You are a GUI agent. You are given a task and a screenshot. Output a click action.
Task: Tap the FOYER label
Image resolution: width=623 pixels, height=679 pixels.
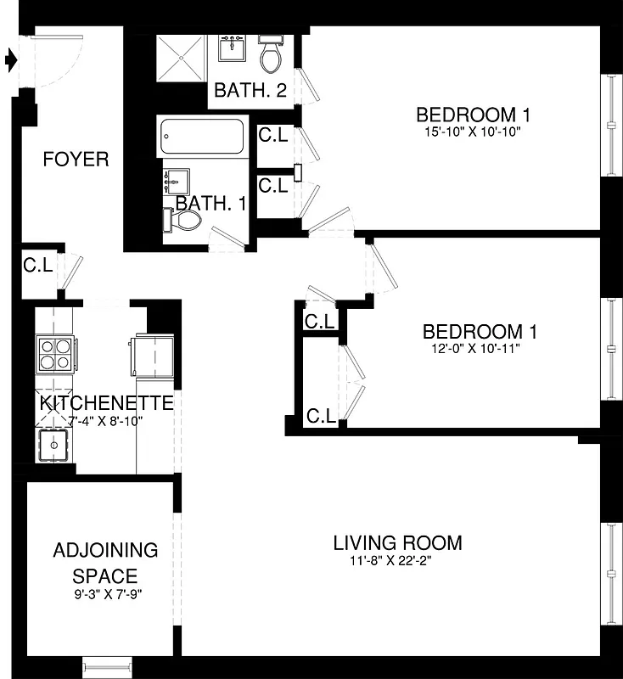click(76, 160)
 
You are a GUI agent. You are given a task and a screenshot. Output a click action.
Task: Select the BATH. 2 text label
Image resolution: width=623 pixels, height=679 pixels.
click(250, 90)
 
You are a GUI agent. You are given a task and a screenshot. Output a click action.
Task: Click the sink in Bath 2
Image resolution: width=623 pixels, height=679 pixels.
click(231, 49)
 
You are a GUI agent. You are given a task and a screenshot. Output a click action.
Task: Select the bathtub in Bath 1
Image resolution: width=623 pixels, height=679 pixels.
click(203, 135)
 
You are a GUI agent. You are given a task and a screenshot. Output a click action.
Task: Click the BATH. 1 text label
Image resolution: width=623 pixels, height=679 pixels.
click(210, 204)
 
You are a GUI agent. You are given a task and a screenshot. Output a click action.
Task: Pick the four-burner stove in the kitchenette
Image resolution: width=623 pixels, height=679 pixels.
click(54, 354)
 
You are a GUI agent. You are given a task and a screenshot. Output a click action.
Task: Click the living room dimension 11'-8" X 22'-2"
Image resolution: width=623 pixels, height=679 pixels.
click(397, 560)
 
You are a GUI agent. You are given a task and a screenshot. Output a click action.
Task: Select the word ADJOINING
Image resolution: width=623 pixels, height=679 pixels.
click(105, 550)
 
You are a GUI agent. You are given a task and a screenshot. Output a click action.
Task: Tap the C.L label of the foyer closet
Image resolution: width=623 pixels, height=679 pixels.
click(38, 265)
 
